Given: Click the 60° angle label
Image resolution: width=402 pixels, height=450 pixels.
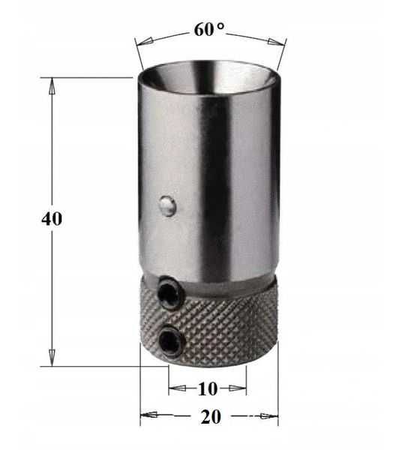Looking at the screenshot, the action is [209, 29].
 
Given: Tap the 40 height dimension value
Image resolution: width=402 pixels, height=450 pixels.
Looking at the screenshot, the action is [52, 219].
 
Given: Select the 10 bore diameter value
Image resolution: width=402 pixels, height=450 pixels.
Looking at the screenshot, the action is [208, 388].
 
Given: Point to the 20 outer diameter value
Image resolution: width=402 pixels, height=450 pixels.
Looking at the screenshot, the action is [211, 417].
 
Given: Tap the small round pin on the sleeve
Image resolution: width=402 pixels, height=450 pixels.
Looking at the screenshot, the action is [166, 205].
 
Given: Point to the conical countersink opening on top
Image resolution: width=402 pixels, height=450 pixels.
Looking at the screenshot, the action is [209, 77].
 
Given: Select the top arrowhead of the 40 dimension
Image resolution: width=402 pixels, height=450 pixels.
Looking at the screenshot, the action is [52, 86].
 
